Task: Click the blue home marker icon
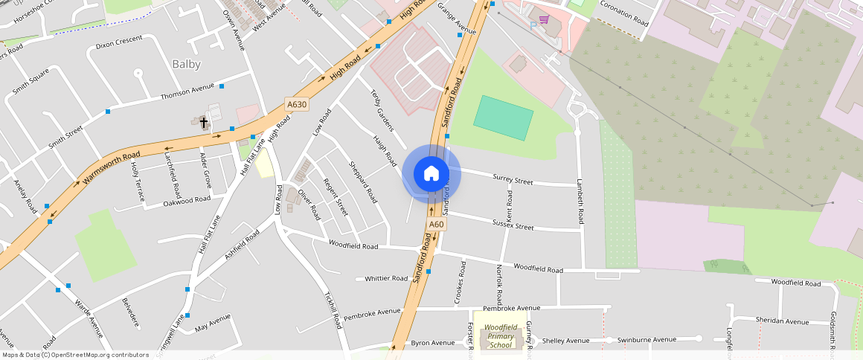(x=431, y=174)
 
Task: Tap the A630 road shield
(x=296, y=105)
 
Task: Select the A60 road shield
(x=436, y=224)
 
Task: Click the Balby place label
(x=187, y=64)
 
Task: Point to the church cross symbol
(x=203, y=120)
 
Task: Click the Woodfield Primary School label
(x=500, y=335)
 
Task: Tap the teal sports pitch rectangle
(x=504, y=118)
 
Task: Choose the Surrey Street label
(x=513, y=179)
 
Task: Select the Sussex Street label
(x=513, y=225)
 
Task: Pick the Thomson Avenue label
(x=187, y=92)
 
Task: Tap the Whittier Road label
(x=386, y=278)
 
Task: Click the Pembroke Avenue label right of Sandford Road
(x=511, y=308)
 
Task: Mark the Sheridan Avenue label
(x=781, y=321)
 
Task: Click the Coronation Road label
(x=626, y=13)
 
